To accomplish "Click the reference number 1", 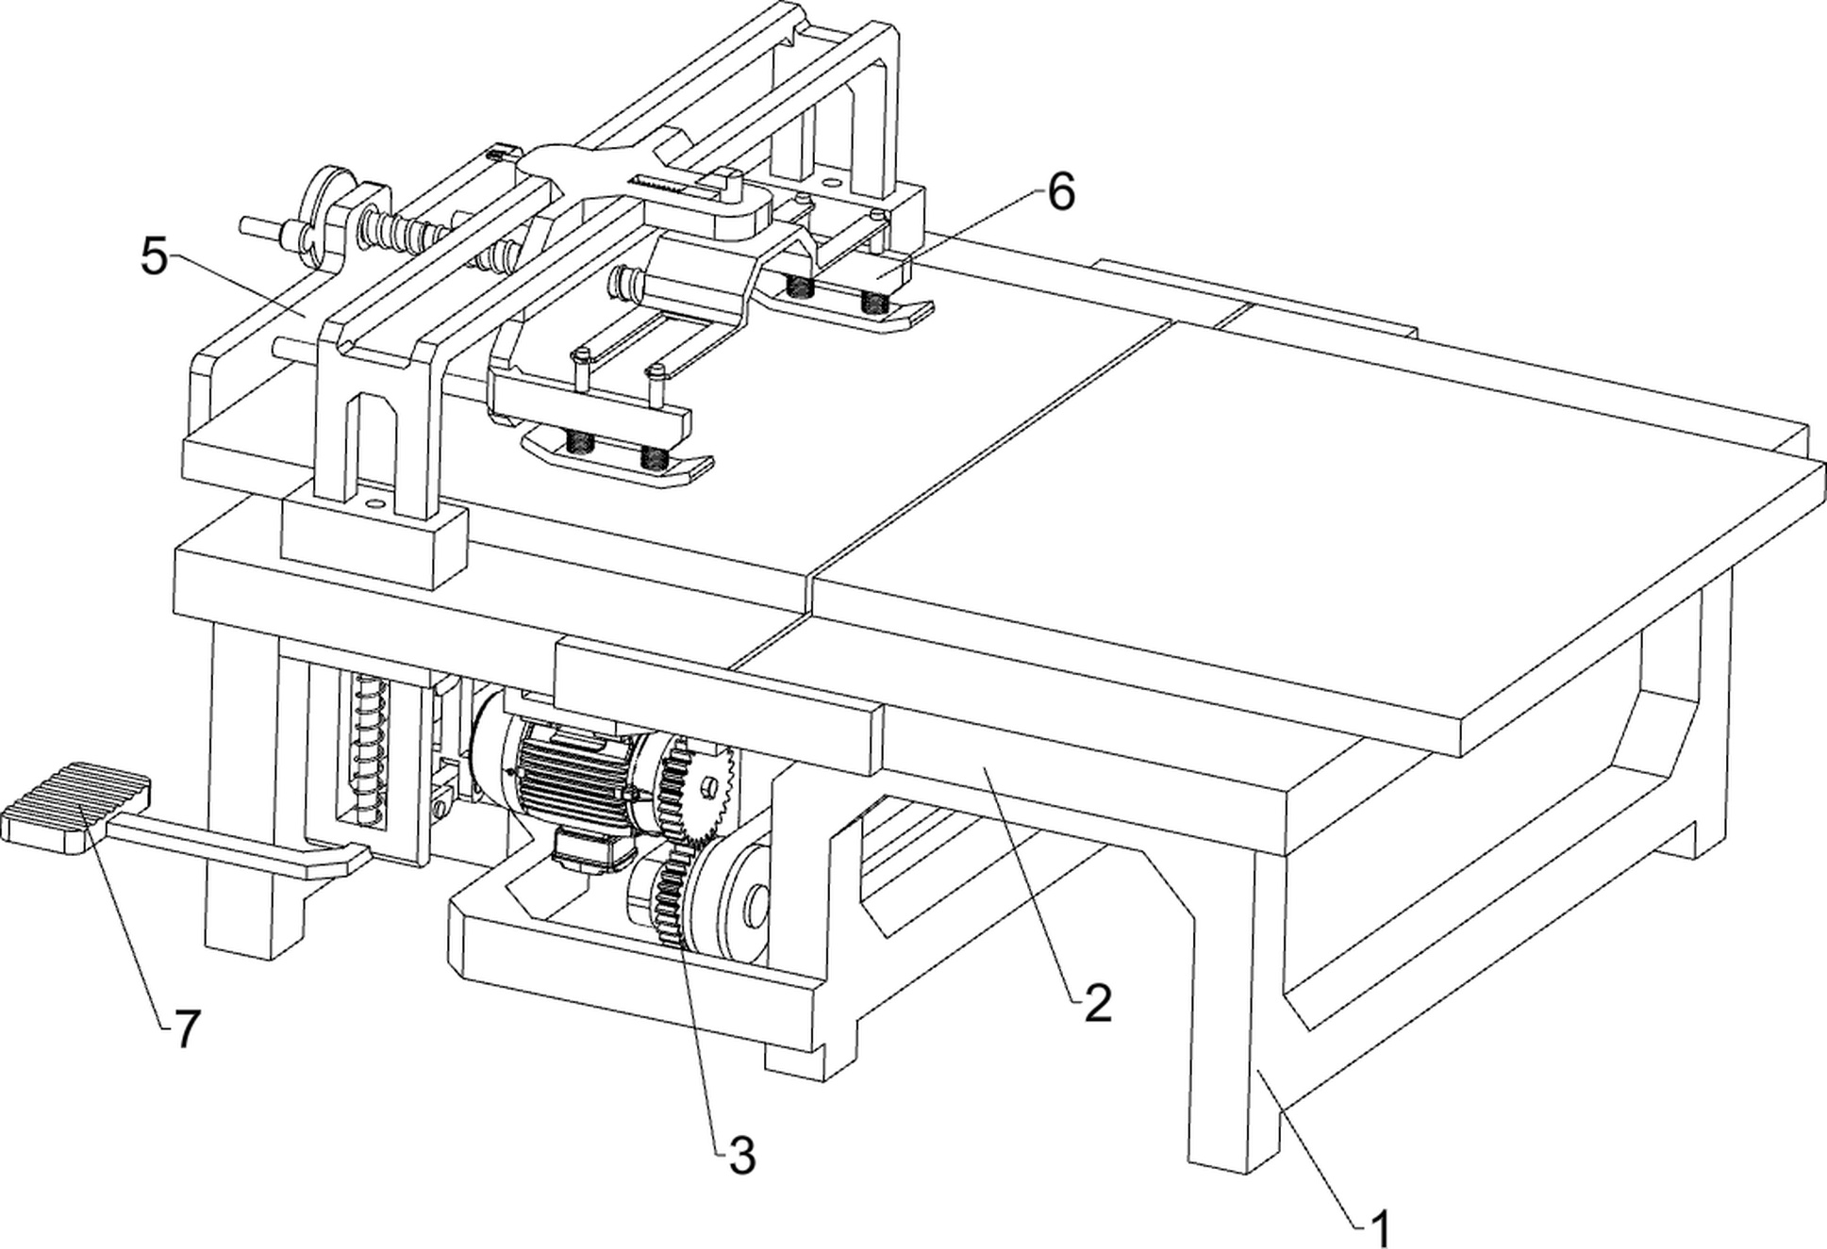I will click(x=1380, y=1227).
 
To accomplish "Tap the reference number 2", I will click(x=1098, y=1005).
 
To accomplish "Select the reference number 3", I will click(x=742, y=1156).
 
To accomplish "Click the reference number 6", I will click(x=1060, y=193).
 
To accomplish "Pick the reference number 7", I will click(x=186, y=1028).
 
